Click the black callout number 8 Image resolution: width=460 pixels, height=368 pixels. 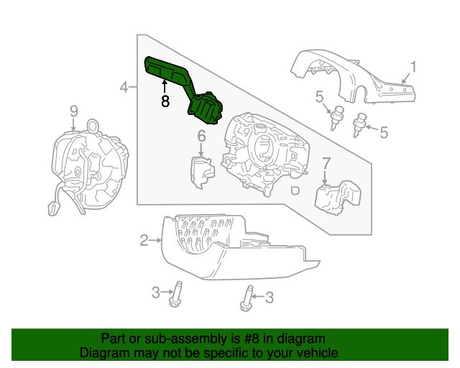tap(165, 101)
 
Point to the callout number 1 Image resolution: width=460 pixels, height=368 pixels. tap(413, 68)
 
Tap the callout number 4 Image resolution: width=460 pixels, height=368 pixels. tap(124, 88)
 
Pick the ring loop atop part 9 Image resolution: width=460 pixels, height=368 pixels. tap(93, 125)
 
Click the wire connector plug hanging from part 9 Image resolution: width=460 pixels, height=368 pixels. tap(53, 208)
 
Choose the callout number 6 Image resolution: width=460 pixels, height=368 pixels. tap(202, 135)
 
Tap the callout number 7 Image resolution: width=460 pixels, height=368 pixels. tap(326, 163)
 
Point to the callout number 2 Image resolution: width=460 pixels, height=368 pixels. tap(144, 239)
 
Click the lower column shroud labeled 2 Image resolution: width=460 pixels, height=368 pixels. tap(230, 248)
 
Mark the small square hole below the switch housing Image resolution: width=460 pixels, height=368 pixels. tap(295, 191)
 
